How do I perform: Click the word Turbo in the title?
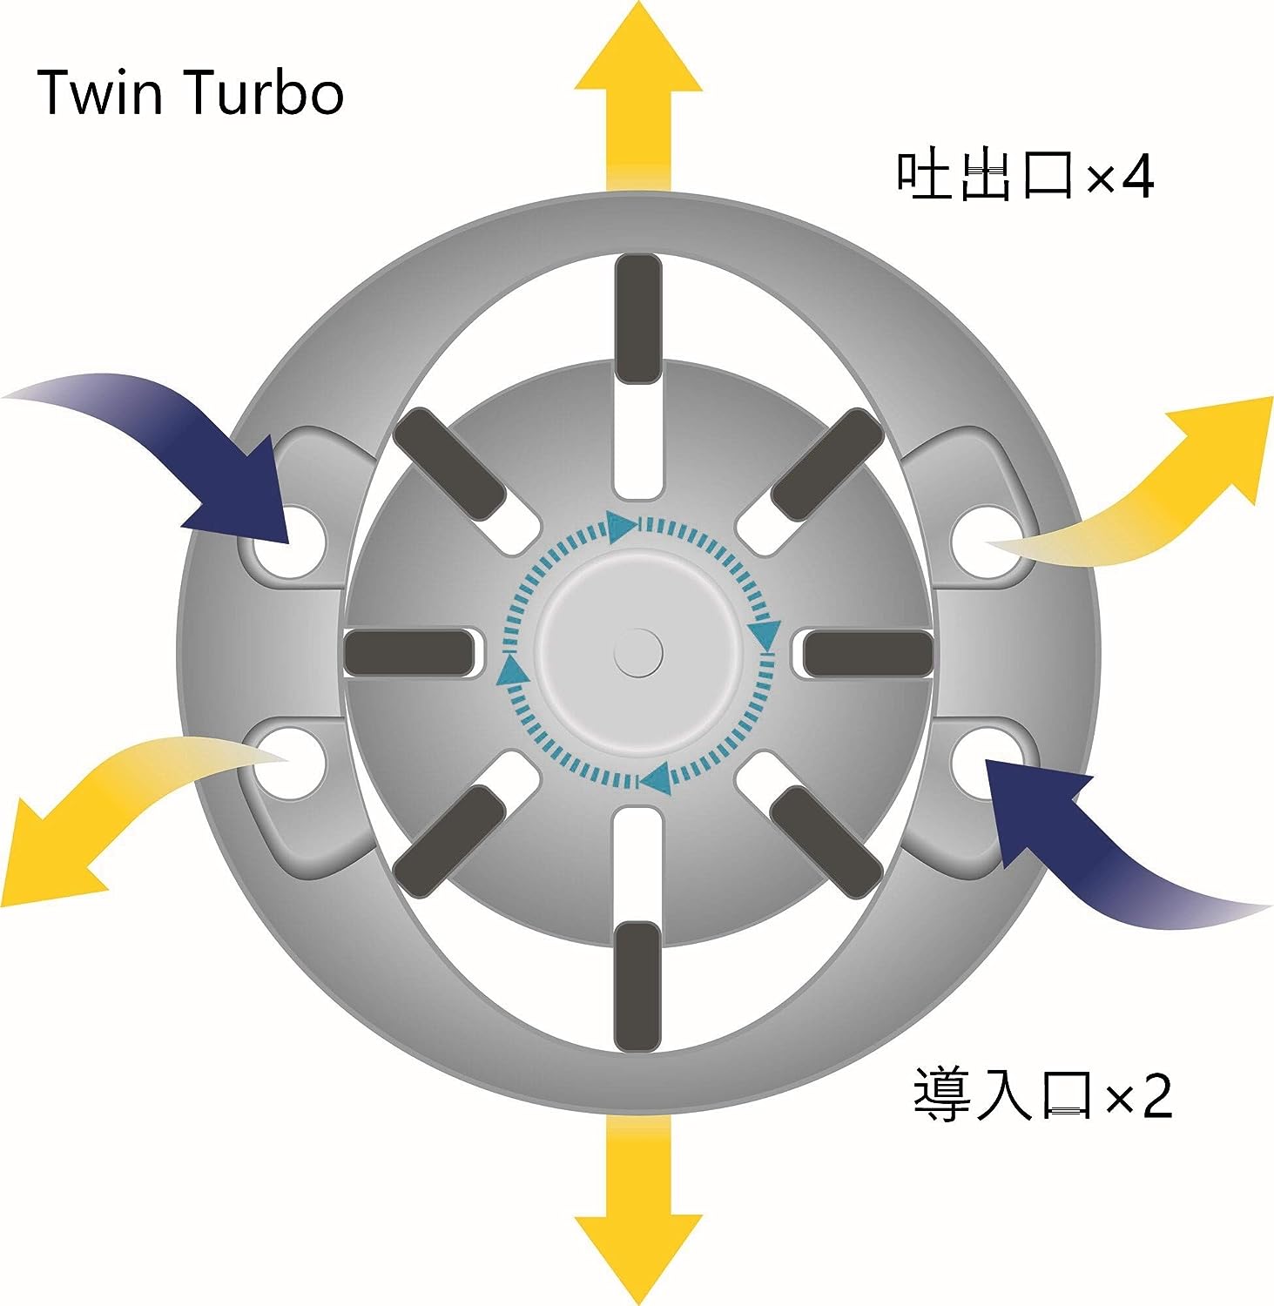click(265, 93)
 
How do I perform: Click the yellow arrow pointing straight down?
click(638, 1219)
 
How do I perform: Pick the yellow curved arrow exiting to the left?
click(113, 801)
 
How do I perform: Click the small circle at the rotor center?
click(638, 651)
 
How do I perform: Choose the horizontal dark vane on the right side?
click(867, 652)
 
